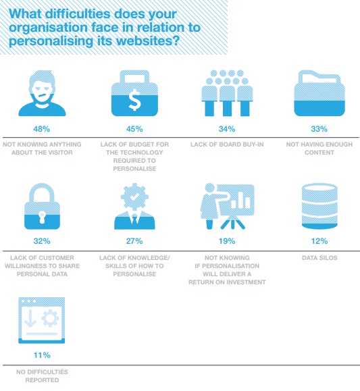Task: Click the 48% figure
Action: click(x=42, y=129)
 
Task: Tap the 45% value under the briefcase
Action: click(x=134, y=129)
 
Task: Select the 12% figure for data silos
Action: click(x=319, y=241)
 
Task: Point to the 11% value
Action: click(x=42, y=355)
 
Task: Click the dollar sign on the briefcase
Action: click(x=134, y=100)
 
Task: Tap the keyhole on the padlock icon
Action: click(x=42, y=217)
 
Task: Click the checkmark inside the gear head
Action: click(x=134, y=197)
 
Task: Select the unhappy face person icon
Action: click(x=42, y=93)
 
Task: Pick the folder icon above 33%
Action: click(x=319, y=93)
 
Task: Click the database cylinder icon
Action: click(x=319, y=206)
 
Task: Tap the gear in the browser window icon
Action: click(x=50, y=318)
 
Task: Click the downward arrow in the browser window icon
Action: click(x=30, y=319)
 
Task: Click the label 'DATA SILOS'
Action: click(x=319, y=258)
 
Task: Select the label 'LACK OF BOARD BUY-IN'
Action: click(x=227, y=145)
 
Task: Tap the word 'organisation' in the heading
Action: click(x=49, y=28)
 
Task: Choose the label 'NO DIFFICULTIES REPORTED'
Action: click(x=42, y=376)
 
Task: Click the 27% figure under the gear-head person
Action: click(x=134, y=241)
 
